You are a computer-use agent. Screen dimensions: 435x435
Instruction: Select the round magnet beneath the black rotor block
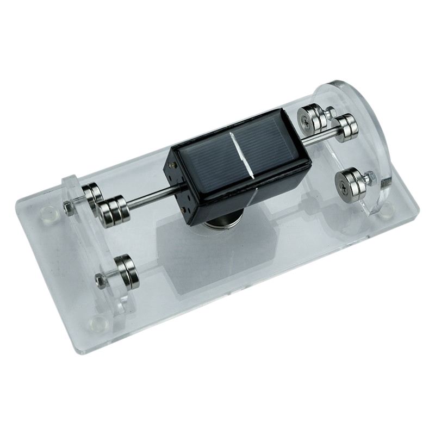click(220, 221)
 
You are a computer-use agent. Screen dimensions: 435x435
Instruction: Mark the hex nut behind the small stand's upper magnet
click(68, 206)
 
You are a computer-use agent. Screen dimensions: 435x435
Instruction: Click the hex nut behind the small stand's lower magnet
click(100, 280)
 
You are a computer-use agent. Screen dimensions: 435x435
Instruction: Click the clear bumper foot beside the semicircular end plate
click(387, 208)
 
